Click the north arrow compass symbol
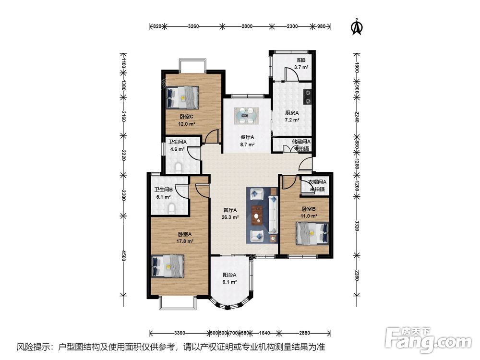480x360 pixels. (x=356, y=27)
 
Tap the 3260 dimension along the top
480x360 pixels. (x=193, y=26)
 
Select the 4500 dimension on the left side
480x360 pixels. (x=123, y=256)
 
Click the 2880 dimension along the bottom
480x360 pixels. (x=305, y=333)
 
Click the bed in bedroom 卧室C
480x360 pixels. (x=182, y=97)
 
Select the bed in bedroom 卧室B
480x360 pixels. (x=312, y=233)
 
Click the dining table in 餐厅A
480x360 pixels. (x=246, y=116)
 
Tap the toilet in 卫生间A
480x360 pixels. (x=178, y=168)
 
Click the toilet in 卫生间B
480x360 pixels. (x=171, y=208)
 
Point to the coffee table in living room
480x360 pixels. (x=257, y=216)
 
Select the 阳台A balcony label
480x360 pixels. (x=229, y=275)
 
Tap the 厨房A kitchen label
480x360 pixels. (x=292, y=113)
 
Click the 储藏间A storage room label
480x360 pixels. (x=301, y=142)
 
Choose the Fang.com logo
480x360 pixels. (x=428, y=339)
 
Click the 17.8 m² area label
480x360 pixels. (x=185, y=241)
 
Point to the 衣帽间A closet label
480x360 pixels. (x=317, y=182)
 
